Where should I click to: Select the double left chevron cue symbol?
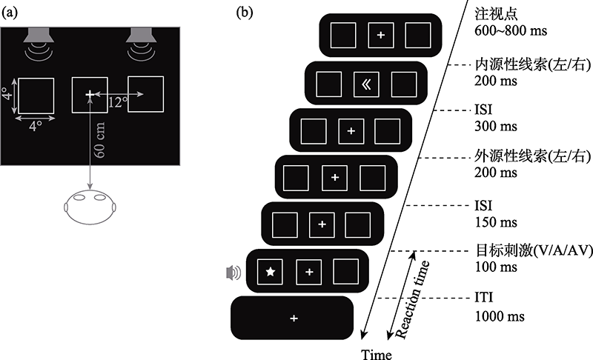click(x=365, y=84)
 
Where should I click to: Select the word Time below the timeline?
click(x=376, y=353)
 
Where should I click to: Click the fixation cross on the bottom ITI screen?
click(x=294, y=319)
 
